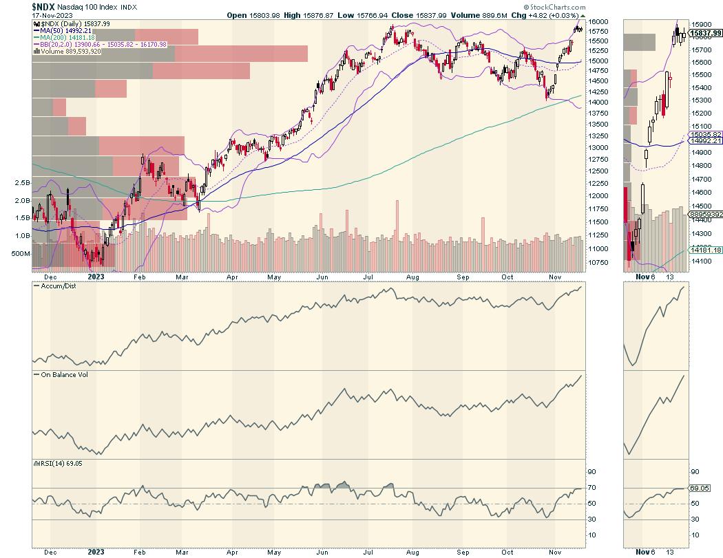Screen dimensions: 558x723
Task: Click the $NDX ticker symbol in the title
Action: [45, 6]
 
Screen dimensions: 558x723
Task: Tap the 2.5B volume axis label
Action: [23, 184]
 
